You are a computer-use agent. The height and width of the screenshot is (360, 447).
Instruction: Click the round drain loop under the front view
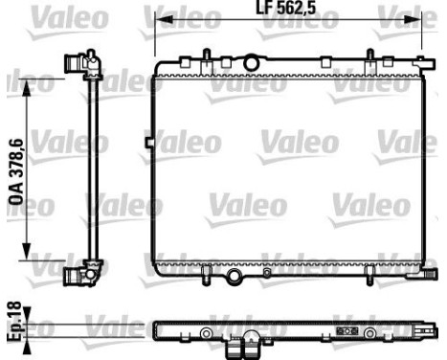pyautogui.click(x=233, y=278)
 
